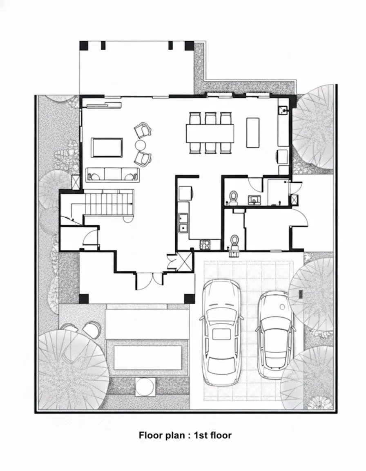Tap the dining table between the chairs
click(x=210, y=133)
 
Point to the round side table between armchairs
click(x=141, y=145)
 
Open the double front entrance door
click(x=150, y=281)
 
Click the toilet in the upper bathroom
click(x=233, y=197)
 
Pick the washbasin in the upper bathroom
click(x=254, y=200)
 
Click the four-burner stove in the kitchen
click(x=205, y=244)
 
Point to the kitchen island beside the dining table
click(x=253, y=132)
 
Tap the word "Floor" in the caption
click(x=151, y=435)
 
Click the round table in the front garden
click(x=145, y=387)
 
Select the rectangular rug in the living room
click(x=107, y=147)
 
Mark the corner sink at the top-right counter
click(x=283, y=110)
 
